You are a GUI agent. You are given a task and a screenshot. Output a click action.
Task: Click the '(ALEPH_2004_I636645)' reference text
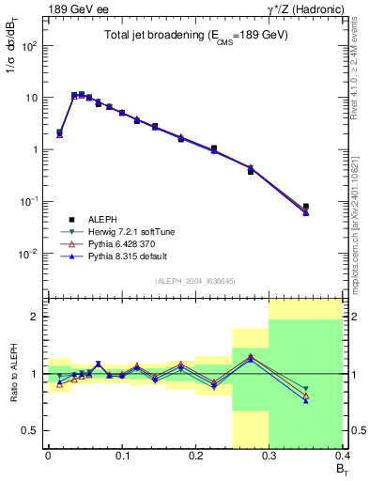[x=195, y=282]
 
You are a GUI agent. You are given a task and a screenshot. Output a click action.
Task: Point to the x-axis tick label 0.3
[x=269, y=456]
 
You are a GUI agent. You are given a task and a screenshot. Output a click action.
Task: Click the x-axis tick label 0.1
[x=121, y=456]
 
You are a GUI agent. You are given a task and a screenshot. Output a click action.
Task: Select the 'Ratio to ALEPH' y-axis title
[x=13, y=374]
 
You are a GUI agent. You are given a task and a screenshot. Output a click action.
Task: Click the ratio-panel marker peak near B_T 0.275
[x=250, y=357]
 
